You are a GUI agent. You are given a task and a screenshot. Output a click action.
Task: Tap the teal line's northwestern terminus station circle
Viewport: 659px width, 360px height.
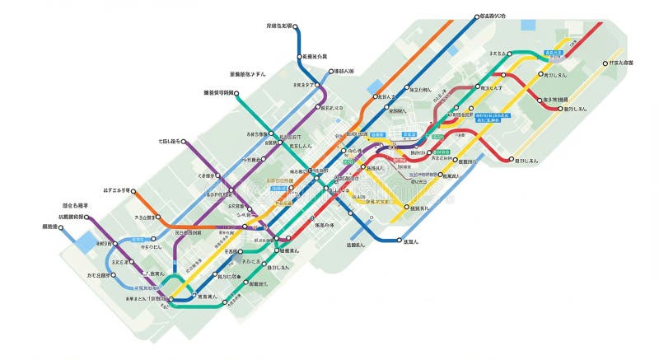click(x=236, y=94)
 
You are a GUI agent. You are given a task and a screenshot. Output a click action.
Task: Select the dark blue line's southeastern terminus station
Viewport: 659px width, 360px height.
click(x=399, y=241)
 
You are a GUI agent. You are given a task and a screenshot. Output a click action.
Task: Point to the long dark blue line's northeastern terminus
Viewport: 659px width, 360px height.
click(x=476, y=16)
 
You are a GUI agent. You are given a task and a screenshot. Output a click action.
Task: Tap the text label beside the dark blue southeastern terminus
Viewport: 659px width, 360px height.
click(x=411, y=241)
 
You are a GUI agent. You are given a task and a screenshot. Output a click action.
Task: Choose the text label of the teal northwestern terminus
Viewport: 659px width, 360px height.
click(x=219, y=93)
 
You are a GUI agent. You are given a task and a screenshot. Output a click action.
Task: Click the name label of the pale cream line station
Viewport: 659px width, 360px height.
click(x=618, y=63)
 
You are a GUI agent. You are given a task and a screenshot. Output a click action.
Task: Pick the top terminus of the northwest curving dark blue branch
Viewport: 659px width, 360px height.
click(x=295, y=26)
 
